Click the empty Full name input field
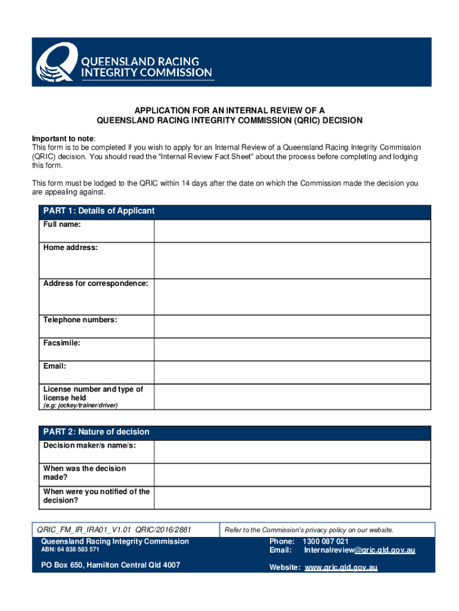point(292,231)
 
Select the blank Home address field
point(292,260)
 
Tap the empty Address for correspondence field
point(292,297)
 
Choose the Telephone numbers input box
point(292,326)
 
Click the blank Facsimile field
point(292,349)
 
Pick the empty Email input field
point(292,372)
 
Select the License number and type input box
point(292,396)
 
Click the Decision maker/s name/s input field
point(292,452)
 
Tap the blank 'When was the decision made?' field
point(292,474)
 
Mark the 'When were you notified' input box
point(292,498)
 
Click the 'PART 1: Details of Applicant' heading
point(99,211)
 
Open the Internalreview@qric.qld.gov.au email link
point(359,550)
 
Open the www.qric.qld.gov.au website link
point(341,567)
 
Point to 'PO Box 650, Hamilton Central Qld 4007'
point(110,565)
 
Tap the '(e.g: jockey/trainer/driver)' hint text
point(80,406)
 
